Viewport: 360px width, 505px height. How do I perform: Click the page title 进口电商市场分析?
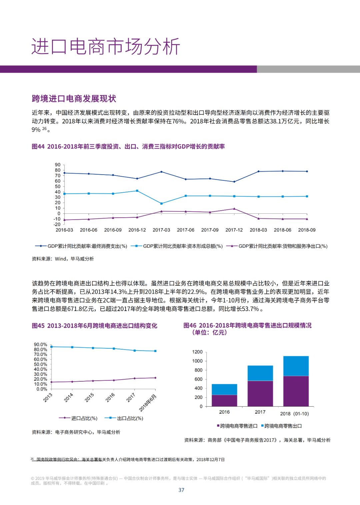pyautogui.click(x=106, y=46)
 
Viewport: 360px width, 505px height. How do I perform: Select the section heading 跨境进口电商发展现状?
pyautogui.click(x=74, y=99)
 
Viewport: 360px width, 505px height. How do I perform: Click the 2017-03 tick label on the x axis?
pyautogui.click(x=161, y=230)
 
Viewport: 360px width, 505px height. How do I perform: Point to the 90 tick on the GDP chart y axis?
pyautogui.click(x=58, y=165)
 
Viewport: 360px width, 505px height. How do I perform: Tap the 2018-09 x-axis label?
pyautogui.click(x=307, y=230)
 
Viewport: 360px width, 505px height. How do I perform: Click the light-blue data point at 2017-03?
pyautogui.click(x=161, y=203)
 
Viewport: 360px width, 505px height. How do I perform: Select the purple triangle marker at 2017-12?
pyautogui.click(x=234, y=209)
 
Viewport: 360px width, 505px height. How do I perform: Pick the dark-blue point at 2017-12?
pyautogui.click(x=234, y=182)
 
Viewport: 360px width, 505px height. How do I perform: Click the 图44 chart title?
pyautogui.click(x=128, y=146)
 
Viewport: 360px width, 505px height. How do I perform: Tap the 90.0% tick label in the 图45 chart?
pyautogui.click(x=40, y=344)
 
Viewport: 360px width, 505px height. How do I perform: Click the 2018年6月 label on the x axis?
pyautogui.click(x=148, y=403)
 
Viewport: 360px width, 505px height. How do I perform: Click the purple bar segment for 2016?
pyautogui.click(x=224, y=400)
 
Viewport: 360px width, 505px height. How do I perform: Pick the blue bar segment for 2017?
pyautogui.click(x=260, y=373)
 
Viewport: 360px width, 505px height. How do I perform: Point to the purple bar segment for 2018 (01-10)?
pyautogui.click(x=296, y=391)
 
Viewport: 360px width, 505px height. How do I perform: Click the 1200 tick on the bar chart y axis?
pyautogui.click(x=197, y=352)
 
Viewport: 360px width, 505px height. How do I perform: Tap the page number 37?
pyautogui.click(x=181, y=490)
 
